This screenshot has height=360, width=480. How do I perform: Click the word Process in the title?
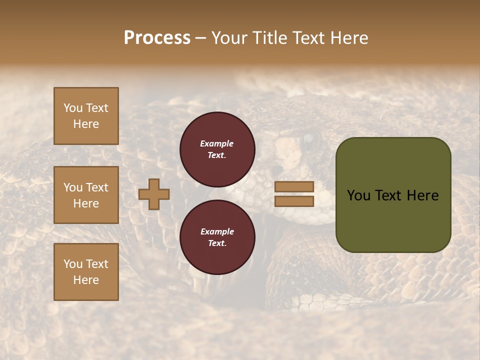[157, 38]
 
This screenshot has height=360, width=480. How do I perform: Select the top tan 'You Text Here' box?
[86, 116]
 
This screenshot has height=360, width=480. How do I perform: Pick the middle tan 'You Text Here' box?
[86, 195]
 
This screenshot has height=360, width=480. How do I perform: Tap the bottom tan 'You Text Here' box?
[86, 272]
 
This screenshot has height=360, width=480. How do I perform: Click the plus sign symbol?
[154, 194]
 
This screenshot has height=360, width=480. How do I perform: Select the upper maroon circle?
[217, 149]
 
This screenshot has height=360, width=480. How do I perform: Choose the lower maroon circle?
[217, 237]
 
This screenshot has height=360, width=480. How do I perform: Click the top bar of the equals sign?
[294, 186]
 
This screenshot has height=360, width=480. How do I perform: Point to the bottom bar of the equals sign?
[294, 201]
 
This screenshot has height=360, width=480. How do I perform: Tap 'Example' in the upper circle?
[216, 143]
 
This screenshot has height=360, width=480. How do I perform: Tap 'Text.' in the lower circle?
[216, 243]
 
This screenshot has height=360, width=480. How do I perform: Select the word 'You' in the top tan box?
[73, 108]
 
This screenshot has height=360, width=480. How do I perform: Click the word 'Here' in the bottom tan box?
[86, 280]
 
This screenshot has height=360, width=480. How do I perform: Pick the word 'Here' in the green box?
[422, 195]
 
